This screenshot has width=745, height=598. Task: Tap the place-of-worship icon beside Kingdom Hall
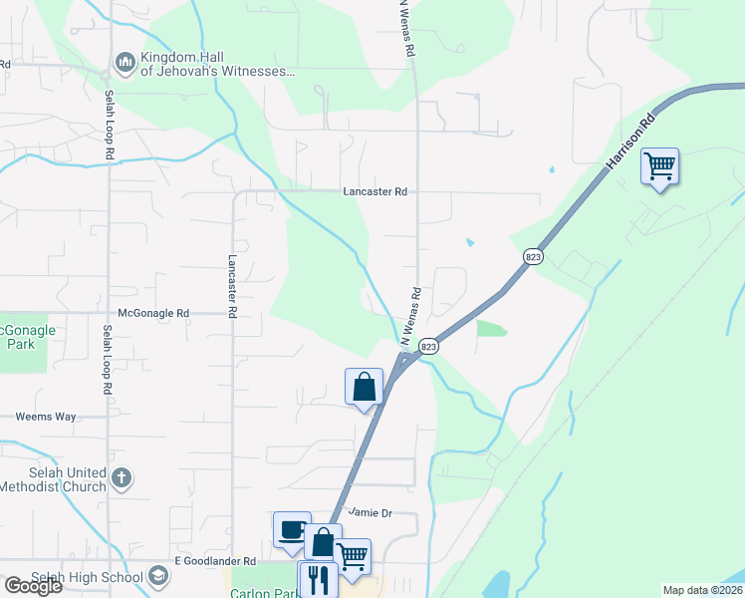click(x=125, y=64)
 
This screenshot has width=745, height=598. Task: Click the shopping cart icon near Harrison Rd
click(x=659, y=165)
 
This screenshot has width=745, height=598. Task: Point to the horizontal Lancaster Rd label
click(x=374, y=191)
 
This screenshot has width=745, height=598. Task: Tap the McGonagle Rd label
click(x=153, y=313)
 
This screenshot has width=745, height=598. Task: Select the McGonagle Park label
click(x=27, y=337)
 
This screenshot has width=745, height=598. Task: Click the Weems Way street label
click(x=46, y=417)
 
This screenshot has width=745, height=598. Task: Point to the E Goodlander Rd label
click(x=215, y=561)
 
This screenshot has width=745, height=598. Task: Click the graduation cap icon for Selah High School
click(x=157, y=576)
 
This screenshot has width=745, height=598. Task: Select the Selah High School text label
click(x=72, y=578)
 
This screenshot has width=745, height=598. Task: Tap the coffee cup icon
click(x=292, y=529)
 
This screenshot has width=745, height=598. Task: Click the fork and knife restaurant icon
click(x=317, y=579)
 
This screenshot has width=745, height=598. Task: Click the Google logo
click(x=33, y=585)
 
